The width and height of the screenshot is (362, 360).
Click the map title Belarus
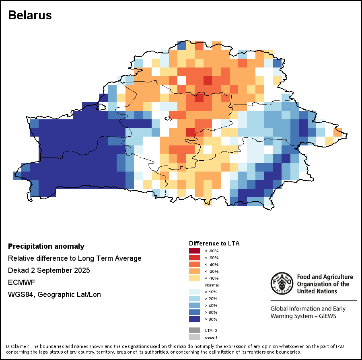(30, 15)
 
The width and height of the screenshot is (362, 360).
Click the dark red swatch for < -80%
(195, 251)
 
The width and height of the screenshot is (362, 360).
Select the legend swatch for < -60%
(195, 258)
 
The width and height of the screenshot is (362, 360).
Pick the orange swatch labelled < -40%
(195, 265)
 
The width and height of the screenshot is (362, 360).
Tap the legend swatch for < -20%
(195, 272)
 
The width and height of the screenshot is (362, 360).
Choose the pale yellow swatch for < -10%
(195, 278)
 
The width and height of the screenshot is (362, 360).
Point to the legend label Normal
(212, 285)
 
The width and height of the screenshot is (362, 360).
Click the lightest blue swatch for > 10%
(195, 292)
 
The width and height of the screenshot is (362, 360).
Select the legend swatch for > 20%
(195, 299)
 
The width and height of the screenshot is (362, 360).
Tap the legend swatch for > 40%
(195, 306)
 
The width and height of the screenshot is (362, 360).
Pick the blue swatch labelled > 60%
(195, 313)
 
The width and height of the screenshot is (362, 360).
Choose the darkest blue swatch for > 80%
(195, 319)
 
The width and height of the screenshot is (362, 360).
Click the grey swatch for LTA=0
(195, 330)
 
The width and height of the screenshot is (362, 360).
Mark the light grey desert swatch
(195, 337)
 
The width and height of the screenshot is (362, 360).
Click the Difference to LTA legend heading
(214, 243)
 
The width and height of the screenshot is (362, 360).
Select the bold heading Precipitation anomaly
(46, 246)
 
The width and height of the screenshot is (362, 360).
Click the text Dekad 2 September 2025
(49, 270)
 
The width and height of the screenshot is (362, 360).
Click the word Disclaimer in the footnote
(18, 346)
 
